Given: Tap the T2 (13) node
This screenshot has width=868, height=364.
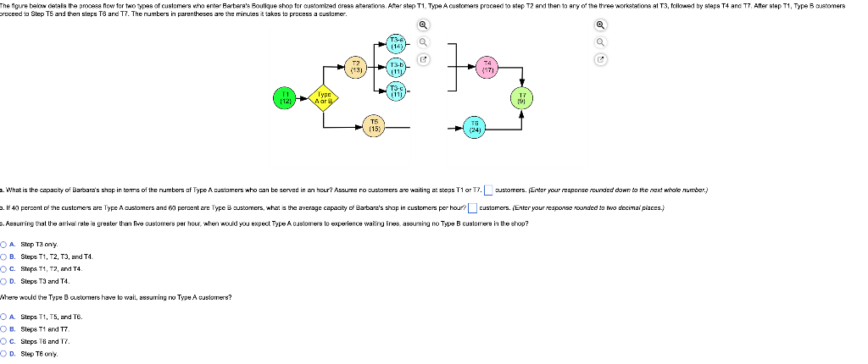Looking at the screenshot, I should pyautogui.click(x=357, y=66).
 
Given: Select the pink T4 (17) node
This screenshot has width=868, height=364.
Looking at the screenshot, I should pyautogui.click(x=487, y=66).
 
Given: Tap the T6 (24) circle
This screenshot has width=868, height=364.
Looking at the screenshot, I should pyautogui.click(x=476, y=128).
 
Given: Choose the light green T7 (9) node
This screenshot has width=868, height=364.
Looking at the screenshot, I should pyautogui.click(x=521, y=97).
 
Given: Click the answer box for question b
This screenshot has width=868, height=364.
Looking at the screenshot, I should pyautogui.click(x=472, y=207).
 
